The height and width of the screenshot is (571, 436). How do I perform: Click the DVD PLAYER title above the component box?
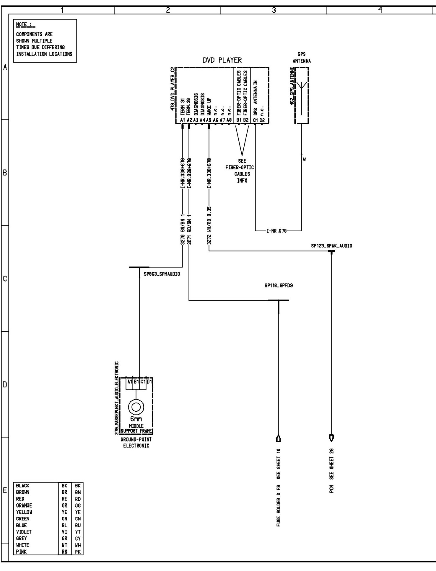click(x=222, y=60)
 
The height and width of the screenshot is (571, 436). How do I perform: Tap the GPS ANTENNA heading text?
click(x=302, y=58)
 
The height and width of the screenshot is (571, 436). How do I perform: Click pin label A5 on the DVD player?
click(x=209, y=120)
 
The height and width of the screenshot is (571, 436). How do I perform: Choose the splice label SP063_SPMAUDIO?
click(x=162, y=274)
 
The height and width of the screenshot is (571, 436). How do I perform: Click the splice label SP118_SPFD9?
click(x=279, y=285)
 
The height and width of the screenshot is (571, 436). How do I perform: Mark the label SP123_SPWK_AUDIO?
click(x=331, y=246)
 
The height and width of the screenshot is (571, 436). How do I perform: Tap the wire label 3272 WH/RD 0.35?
click(x=209, y=226)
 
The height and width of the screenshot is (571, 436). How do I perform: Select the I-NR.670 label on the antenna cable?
click(x=276, y=231)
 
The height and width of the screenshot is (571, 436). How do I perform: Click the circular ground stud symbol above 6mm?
click(x=136, y=407)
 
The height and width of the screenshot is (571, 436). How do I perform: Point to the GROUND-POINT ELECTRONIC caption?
click(x=136, y=442)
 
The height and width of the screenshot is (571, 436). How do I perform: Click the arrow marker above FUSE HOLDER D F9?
click(x=278, y=439)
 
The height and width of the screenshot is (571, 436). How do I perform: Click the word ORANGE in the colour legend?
click(x=24, y=505)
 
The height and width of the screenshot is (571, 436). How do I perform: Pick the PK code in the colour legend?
click(x=78, y=552)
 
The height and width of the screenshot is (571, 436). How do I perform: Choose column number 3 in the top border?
click(x=274, y=10)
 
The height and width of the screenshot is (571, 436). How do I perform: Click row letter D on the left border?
click(x=5, y=385)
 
